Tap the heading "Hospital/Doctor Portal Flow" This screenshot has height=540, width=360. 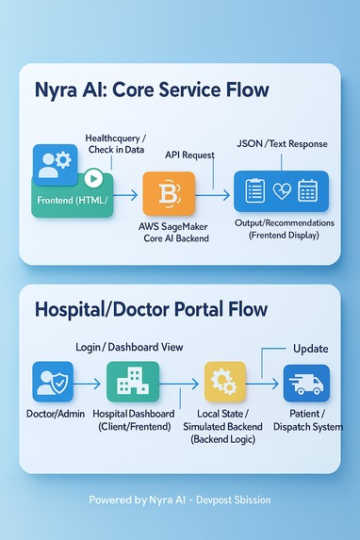pyautogui.click(x=151, y=309)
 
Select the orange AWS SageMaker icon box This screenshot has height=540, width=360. pyautogui.click(x=169, y=194)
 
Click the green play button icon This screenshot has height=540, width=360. pyautogui.click(x=93, y=176)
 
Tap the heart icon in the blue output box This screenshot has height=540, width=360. pyautogui.click(x=281, y=191)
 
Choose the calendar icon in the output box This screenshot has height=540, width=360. pyautogui.click(x=308, y=191)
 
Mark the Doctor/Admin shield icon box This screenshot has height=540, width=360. pyautogui.click(x=52, y=383)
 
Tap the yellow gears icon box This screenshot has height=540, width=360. pyautogui.click(x=224, y=383)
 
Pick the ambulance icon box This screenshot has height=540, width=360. pyautogui.click(x=306, y=384)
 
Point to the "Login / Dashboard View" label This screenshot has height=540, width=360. pyautogui.click(x=130, y=347)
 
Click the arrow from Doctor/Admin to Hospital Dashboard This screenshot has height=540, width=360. pyautogui.click(x=87, y=384)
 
